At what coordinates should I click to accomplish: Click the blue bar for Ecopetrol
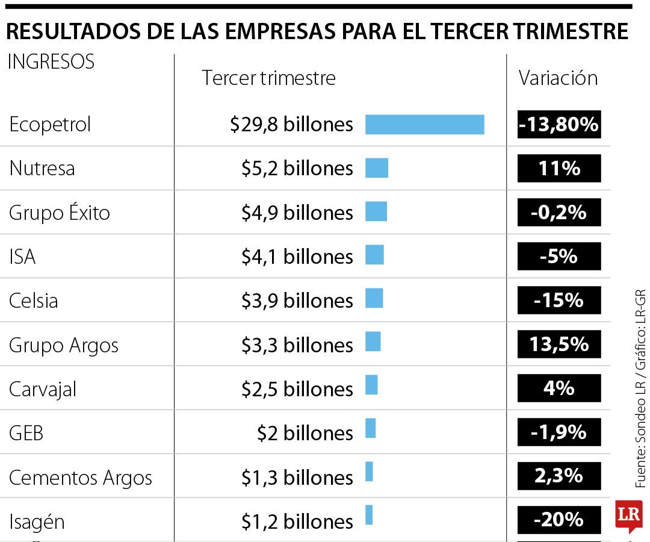click(x=424, y=125)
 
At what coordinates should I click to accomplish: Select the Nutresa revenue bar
click(x=377, y=168)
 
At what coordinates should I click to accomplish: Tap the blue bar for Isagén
click(x=369, y=515)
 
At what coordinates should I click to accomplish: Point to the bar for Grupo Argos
click(x=373, y=341)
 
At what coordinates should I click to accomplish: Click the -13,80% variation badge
click(x=559, y=125)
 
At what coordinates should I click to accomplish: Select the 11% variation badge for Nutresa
click(x=559, y=168)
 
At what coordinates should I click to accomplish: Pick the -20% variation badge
click(x=559, y=519)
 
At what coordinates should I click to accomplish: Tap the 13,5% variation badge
click(x=559, y=344)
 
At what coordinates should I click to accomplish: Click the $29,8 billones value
click(x=291, y=125)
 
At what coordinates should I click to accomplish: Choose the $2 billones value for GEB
click(x=305, y=433)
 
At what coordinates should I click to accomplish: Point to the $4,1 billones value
click(x=297, y=257)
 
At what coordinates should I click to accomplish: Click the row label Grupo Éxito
click(x=60, y=213)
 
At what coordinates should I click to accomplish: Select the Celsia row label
click(x=34, y=301)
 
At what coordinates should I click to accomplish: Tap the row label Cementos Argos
click(x=81, y=478)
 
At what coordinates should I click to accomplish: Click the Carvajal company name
click(x=43, y=390)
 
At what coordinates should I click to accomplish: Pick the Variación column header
click(x=558, y=78)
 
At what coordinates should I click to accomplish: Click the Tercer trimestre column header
click(x=268, y=78)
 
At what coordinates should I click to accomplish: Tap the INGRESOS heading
click(x=51, y=62)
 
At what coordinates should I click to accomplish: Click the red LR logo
click(x=628, y=516)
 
